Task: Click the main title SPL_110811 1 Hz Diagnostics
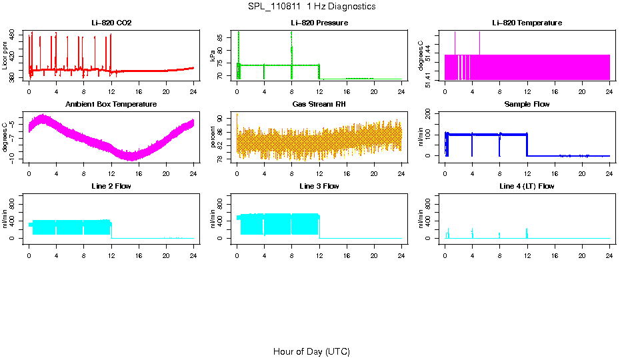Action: [311, 7]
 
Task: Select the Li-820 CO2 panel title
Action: [111, 23]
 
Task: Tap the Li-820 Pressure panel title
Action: [319, 23]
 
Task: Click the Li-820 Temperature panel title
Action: [527, 23]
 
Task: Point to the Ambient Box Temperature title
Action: [111, 105]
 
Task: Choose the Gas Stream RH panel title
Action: [319, 105]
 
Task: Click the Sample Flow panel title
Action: [527, 105]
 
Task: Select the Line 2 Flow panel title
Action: [111, 186]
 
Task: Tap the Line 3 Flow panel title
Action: [319, 186]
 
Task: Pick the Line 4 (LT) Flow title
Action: [527, 186]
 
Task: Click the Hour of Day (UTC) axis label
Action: [311, 351]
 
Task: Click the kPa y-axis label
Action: [213, 55]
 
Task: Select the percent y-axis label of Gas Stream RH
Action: [213, 137]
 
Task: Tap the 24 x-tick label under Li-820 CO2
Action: [193, 91]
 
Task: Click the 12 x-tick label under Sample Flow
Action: [527, 172]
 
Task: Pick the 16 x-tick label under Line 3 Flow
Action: [347, 253]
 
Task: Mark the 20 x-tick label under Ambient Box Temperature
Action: [166, 172]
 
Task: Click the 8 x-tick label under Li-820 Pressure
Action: [291, 91]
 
